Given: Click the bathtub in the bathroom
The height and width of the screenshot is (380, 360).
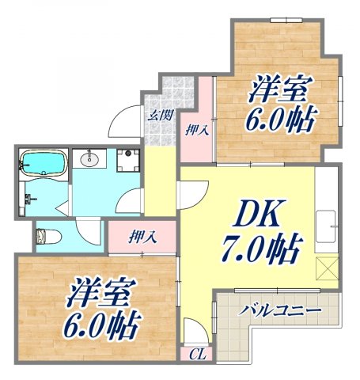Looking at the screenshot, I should (x=41, y=162).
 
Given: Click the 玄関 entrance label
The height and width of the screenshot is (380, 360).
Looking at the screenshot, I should (x=161, y=115).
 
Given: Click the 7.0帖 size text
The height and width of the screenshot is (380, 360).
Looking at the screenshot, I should (x=260, y=253).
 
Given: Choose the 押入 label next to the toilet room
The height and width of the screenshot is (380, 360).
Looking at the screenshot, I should (x=142, y=236).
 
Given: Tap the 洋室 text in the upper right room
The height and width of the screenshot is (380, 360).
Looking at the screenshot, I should (x=279, y=89).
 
